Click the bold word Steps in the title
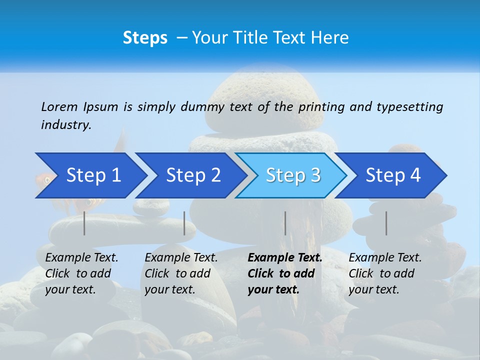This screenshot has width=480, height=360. tap(145, 38)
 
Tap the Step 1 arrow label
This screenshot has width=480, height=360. tap(93, 175)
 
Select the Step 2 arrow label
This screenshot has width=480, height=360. tap(193, 175)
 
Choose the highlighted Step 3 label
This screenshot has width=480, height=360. tap(293, 175)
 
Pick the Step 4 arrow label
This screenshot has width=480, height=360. tap(393, 175)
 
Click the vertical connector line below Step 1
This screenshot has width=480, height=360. tap(84, 223)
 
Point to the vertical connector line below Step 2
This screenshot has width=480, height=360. tap(184, 223)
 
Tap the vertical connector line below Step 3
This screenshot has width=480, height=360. tap(285, 223)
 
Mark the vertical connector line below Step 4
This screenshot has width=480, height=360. tap(386, 223)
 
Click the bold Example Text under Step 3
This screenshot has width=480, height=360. tap(285, 258)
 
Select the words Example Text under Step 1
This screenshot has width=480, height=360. tap(81, 258)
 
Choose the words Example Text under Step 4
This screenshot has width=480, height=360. tap(385, 258)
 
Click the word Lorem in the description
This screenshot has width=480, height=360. tap(59, 107)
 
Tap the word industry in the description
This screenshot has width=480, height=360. tap(66, 125)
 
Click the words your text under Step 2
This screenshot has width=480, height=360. tap(170, 290)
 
